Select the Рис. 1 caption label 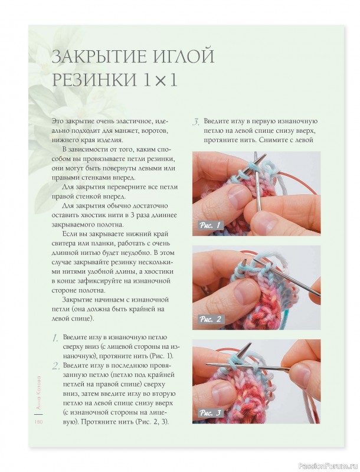pyautogui.click(x=210, y=226)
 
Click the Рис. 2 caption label pyautogui.click(x=210, y=320)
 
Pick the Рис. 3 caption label pyautogui.click(x=210, y=413)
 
